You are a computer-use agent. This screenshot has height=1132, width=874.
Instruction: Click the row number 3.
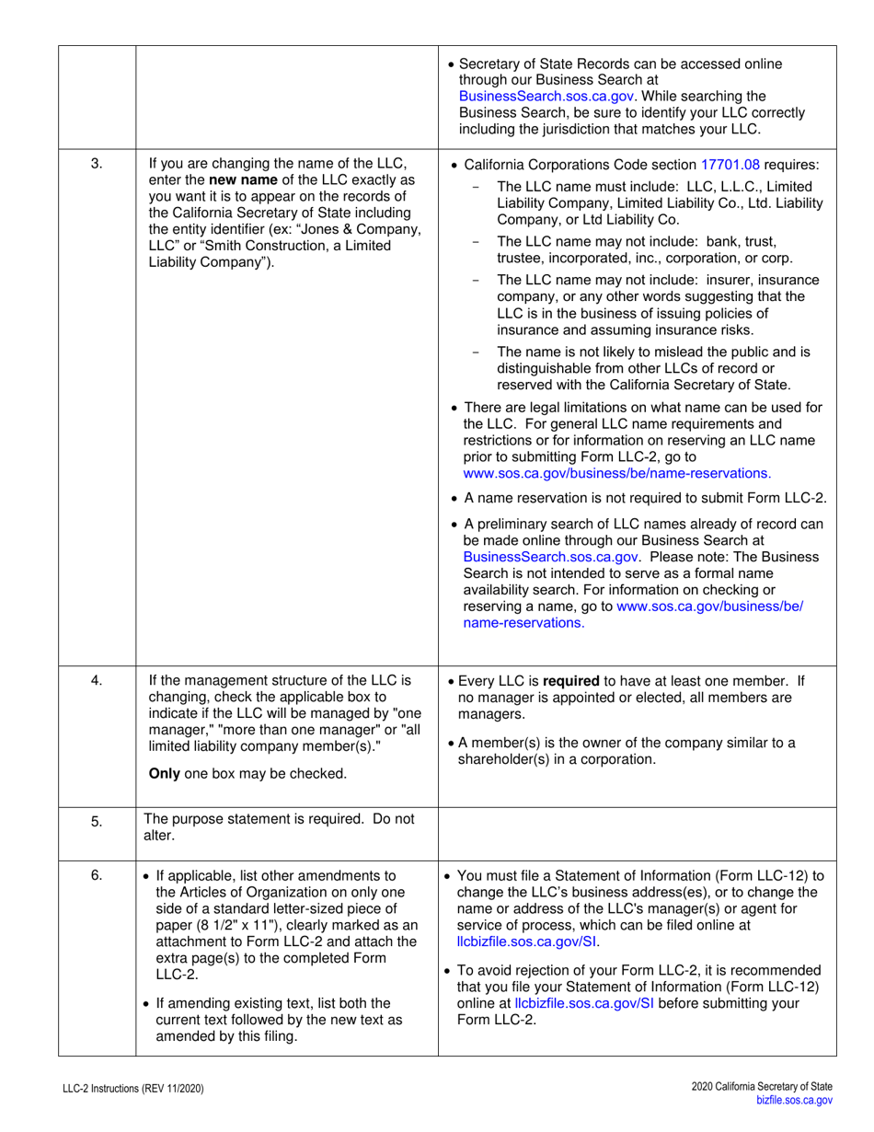[96, 165]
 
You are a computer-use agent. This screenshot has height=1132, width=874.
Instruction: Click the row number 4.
[96, 681]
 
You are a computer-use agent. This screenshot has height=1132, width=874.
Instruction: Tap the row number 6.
[96, 875]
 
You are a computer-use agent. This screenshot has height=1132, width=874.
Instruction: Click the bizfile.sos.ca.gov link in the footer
[794, 1099]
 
